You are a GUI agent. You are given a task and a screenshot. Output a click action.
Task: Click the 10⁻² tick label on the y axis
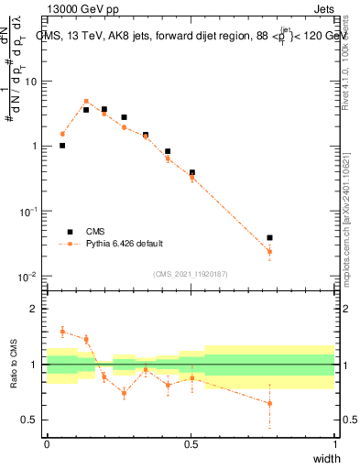29,277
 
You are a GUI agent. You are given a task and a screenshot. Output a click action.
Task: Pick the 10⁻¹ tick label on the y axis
29,212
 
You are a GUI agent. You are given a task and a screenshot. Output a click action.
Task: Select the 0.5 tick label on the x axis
191,443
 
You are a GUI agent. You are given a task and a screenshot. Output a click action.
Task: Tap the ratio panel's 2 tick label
35,309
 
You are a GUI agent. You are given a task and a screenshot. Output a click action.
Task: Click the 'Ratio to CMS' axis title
14,365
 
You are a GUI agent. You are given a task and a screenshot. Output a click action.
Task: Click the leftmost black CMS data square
62,145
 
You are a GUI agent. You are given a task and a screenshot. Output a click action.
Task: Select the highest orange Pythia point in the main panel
86,102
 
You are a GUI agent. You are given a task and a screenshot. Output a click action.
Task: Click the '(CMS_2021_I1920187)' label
191,274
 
